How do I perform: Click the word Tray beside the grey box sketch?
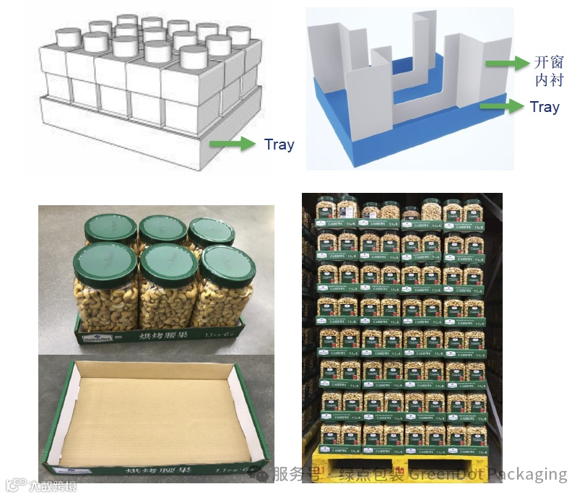[279, 144]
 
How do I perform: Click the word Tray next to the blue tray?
[544, 107]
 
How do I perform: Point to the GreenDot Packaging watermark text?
[487, 474]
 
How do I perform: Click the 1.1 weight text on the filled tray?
[212, 335]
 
